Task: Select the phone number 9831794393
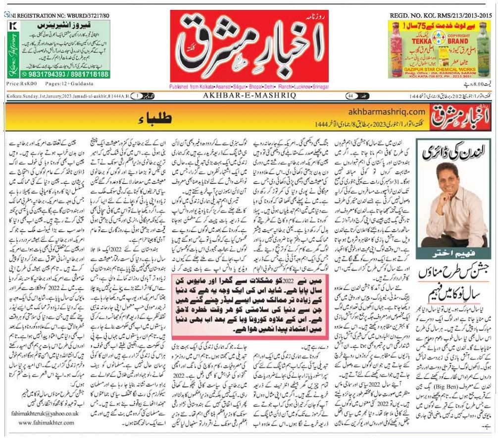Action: pyautogui.click(x=38, y=75)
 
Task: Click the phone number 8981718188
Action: pyautogui.click(x=88, y=75)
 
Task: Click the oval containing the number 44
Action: pyautogui.click(x=349, y=96)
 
